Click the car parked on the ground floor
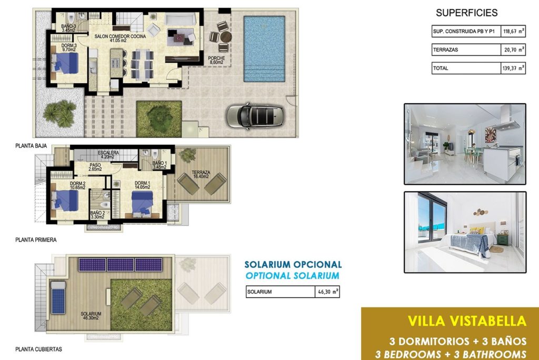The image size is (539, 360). [x=255, y=116]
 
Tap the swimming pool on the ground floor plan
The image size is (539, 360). [x=264, y=49]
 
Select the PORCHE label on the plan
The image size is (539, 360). [x=216, y=58]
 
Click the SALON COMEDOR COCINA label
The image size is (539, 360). [x=120, y=36]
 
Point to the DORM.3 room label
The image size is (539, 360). [x=69, y=45]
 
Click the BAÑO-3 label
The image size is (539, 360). [x=68, y=26]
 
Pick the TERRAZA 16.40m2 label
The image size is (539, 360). [x=201, y=175]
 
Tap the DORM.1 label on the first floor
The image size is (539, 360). [x=142, y=183]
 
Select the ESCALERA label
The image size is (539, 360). [x=108, y=153]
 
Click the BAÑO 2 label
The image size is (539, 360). [x=97, y=213]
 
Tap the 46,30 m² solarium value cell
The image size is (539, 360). [x=328, y=292]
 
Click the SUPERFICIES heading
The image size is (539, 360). [x=466, y=13]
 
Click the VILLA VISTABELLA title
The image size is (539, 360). [x=467, y=321]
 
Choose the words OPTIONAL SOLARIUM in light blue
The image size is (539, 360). [x=292, y=275]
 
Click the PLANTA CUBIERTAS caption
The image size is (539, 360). [x=38, y=349]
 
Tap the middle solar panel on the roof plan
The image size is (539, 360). [x=121, y=265]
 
